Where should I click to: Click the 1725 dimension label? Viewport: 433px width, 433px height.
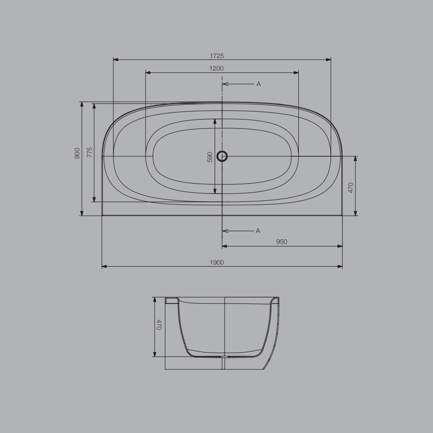(216, 56)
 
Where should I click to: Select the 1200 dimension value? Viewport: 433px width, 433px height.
(216, 68)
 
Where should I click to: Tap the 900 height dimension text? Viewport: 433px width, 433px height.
(77, 153)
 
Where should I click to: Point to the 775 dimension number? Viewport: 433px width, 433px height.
(90, 152)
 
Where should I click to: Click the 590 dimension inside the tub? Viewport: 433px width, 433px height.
(210, 157)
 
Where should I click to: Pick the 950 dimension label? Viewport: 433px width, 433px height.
(281, 242)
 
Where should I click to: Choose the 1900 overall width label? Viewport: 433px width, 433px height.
(216, 262)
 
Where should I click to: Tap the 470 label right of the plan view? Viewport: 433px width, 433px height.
(351, 187)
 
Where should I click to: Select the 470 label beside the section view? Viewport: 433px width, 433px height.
(158, 325)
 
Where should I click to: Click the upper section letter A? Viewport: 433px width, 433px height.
(259, 84)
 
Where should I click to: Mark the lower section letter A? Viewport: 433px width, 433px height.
(258, 231)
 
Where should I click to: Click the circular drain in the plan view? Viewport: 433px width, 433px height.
(222, 156)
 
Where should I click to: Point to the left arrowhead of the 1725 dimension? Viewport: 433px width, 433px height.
(116, 60)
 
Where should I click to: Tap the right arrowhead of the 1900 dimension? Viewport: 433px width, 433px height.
(340, 266)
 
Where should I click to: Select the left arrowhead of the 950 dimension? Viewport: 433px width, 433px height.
(225, 246)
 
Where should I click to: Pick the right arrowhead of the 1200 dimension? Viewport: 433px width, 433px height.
(296, 72)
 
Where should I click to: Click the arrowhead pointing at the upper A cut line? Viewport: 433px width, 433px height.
(225, 84)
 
